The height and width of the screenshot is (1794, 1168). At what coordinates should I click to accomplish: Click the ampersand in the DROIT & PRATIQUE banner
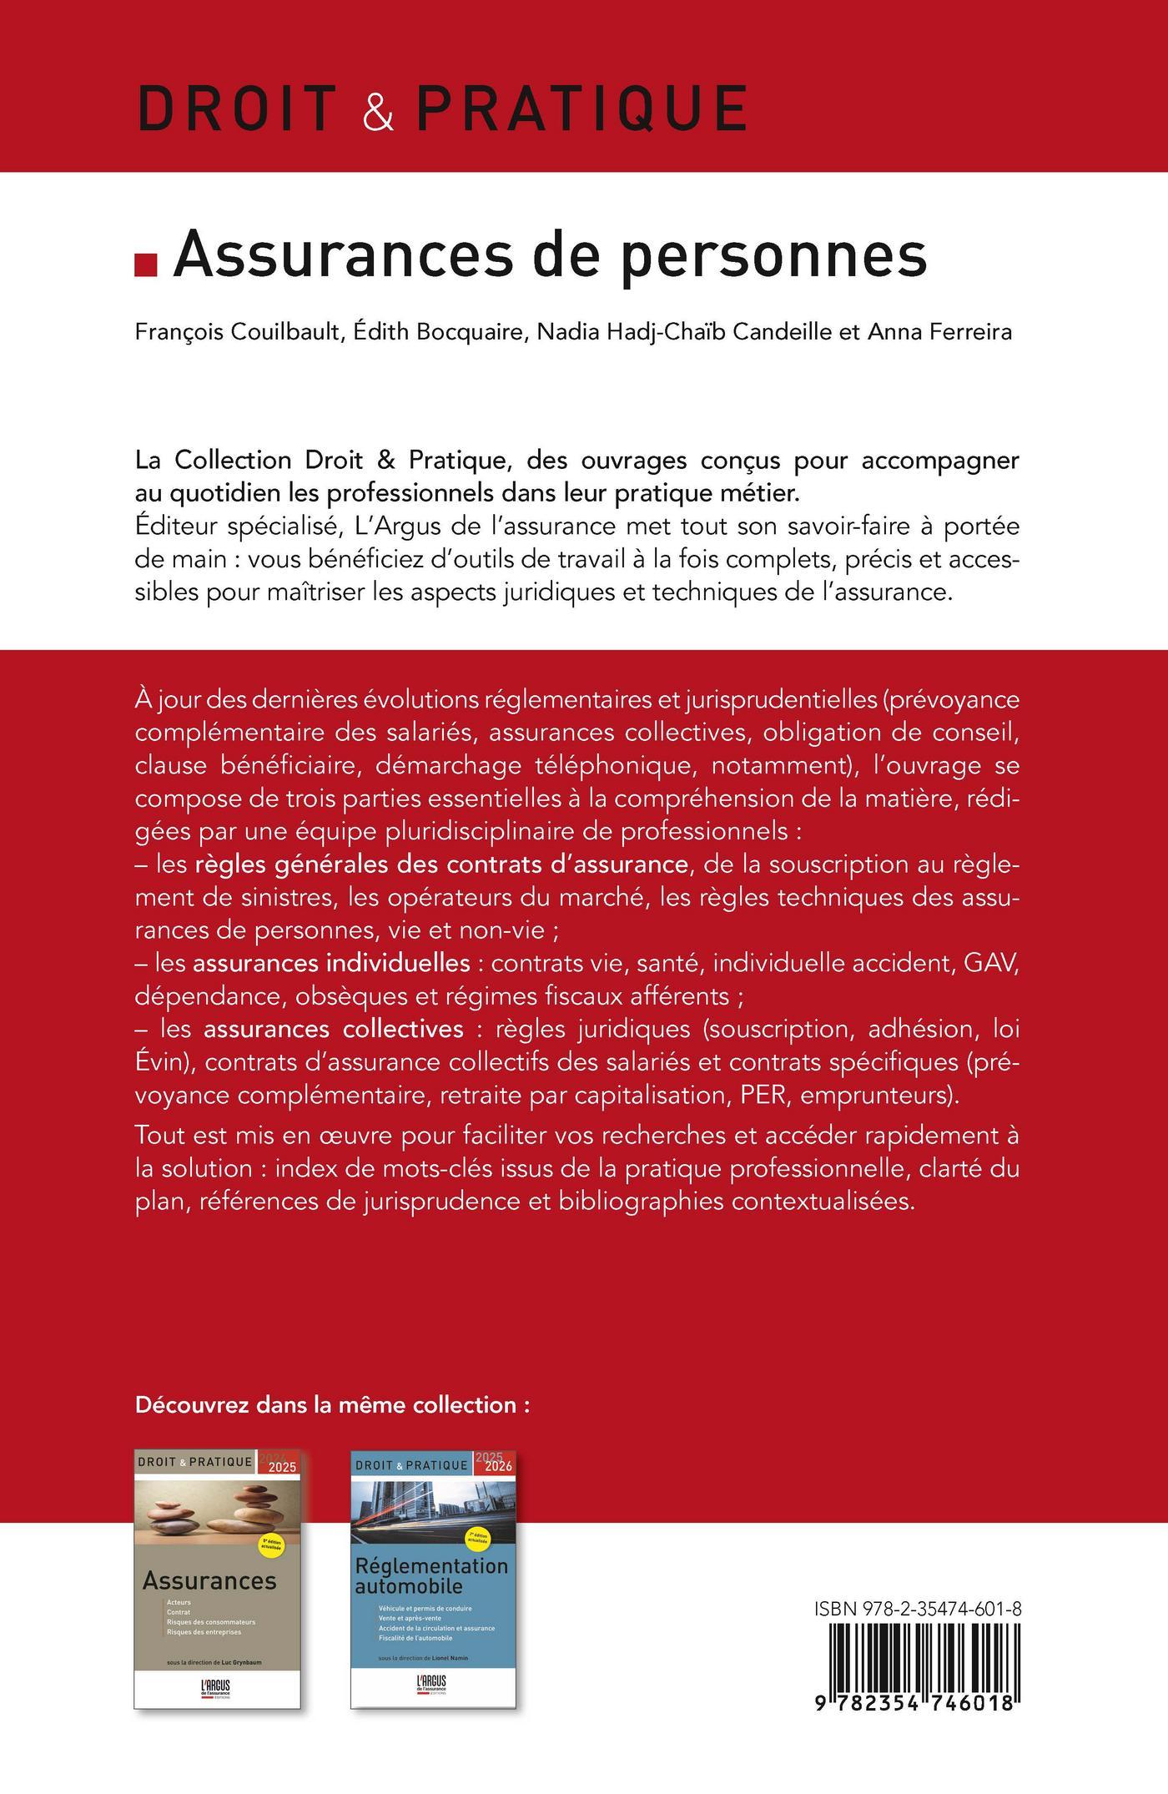pos(378,108)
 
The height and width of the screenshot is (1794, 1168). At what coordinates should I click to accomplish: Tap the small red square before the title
pos(146,265)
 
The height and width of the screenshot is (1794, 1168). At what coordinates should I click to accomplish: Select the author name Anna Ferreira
pos(940,332)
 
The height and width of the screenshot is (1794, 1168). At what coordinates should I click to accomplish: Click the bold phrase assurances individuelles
pos(331,963)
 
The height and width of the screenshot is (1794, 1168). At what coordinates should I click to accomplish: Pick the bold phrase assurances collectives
pos(333,1028)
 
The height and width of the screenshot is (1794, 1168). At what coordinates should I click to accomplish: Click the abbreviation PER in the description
pos(763,1094)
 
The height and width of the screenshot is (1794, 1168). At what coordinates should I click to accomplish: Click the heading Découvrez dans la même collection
pos(332,1404)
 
